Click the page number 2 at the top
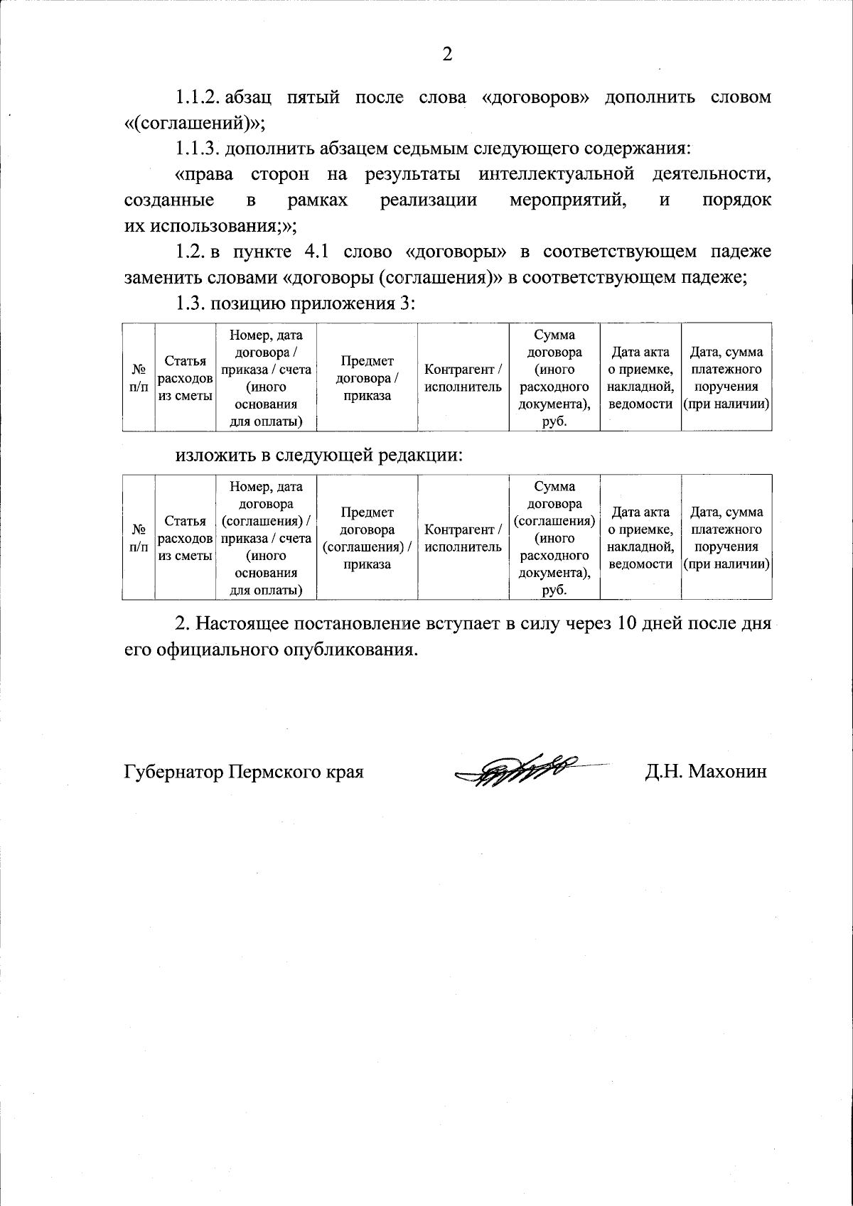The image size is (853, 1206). click(x=447, y=55)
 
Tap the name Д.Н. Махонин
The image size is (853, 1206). click(x=706, y=771)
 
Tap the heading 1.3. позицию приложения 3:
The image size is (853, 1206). click(x=295, y=303)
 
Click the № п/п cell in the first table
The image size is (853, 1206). click(x=139, y=377)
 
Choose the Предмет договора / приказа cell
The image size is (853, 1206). click(x=367, y=377)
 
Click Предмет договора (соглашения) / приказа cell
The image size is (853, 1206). click(x=367, y=538)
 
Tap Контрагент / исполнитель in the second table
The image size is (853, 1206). click(x=463, y=538)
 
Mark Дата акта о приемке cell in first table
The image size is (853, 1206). click(x=640, y=377)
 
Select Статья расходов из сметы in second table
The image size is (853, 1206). click(x=185, y=538)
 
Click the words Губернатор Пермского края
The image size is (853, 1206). click(x=244, y=771)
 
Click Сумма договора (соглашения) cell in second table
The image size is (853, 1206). click(x=554, y=538)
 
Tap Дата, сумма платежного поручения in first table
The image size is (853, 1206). click(x=726, y=377)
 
